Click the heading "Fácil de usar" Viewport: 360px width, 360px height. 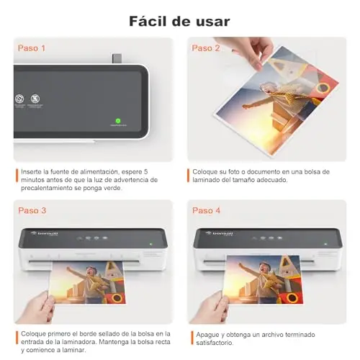point(179,22)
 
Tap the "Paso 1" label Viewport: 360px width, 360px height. point(32,48)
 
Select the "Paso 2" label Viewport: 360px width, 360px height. point(206,48)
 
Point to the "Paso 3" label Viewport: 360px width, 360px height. point(32,210)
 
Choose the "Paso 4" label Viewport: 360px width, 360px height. point(206,210)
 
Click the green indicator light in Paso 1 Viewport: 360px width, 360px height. point(118,121)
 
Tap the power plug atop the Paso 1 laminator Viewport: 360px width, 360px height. point(117,58)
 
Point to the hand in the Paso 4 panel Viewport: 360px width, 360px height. point(210,308)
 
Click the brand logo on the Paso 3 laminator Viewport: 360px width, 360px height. point(45,233)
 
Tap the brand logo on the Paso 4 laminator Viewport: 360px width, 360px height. point(220,233)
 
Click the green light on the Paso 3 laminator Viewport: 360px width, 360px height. point(151,244)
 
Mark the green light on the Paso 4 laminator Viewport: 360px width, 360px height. point(325,244)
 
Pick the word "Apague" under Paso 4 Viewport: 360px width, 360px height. point(207,335)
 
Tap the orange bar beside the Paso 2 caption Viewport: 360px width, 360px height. point(189,176)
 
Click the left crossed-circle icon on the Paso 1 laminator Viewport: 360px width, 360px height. point(19,99)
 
